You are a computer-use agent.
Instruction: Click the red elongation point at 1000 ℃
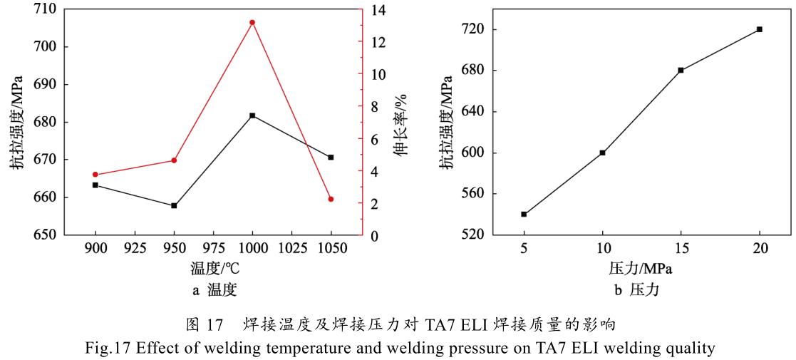(x=252, y=22)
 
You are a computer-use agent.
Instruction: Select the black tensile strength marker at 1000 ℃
(x=252, y=115)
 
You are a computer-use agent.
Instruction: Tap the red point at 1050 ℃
(x=331, y=199)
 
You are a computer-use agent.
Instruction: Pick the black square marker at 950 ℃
(x=174, y=206)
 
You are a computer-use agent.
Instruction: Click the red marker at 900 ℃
(x=95, y=175)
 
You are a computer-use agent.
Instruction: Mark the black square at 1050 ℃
(x=331, y=157)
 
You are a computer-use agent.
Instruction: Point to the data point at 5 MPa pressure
(x=524, y=214)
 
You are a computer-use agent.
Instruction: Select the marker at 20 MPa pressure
(x=760, y=29)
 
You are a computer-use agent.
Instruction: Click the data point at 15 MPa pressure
(x=681, y=70)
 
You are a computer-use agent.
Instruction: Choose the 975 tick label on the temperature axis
(x=213, y=249)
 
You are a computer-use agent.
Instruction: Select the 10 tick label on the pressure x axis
(x=602, y=249)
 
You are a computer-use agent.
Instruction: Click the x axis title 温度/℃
(x=213, y=269)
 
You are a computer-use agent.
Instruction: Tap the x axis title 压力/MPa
(x=641, y=269)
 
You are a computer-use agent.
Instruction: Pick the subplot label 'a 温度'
(x=212, y=289)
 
